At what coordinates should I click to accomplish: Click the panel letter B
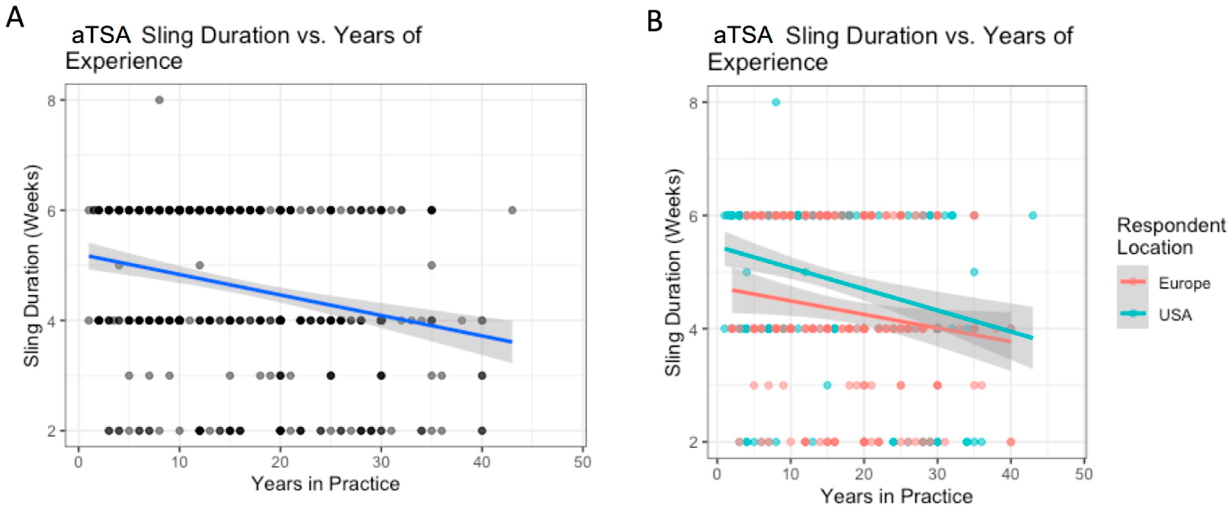654,22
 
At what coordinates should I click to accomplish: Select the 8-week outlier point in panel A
159,100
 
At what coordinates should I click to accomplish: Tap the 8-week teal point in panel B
776,102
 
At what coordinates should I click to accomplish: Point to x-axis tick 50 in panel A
582,462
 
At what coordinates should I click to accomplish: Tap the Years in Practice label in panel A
325,484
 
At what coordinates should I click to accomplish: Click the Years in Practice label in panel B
896,496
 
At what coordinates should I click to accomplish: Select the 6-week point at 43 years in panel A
512,210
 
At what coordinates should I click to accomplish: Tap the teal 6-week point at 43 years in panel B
1032,216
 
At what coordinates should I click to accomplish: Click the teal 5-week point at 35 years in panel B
974,272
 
